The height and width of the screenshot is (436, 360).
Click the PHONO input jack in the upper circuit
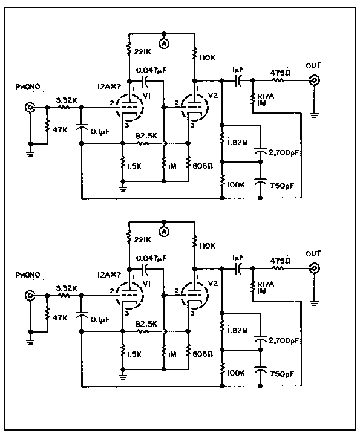30,107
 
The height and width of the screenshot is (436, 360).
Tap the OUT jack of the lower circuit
315,268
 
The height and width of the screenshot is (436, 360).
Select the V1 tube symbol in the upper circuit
130,107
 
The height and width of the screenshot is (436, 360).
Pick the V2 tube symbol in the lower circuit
194,295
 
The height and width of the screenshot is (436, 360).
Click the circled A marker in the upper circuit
164,44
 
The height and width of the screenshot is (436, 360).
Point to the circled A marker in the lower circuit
164,232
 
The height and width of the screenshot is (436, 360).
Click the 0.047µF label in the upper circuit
151,70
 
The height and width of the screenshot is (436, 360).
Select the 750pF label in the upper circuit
282,186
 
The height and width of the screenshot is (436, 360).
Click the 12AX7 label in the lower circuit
109,275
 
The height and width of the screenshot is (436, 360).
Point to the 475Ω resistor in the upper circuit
279,80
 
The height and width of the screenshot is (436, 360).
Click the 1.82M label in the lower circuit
237,331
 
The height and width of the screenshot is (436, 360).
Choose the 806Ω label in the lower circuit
203,354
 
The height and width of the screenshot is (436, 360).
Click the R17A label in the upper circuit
266,96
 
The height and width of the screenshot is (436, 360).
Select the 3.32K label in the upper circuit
67,100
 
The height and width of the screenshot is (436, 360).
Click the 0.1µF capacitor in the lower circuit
82,315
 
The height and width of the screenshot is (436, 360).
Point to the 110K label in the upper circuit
208,58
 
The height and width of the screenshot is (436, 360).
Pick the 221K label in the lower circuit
142,239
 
